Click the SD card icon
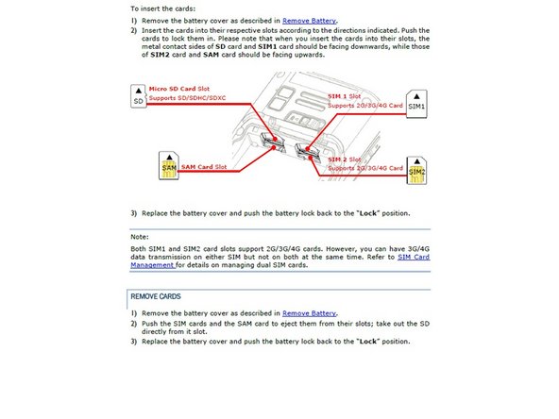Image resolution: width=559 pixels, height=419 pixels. (138, 96)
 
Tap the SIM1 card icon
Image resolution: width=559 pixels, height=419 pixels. (416, 104)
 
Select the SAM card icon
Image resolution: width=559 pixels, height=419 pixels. (169, 166)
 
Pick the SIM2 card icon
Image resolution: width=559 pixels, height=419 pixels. (416, 171)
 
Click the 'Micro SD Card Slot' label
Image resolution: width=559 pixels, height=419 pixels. (179, 89)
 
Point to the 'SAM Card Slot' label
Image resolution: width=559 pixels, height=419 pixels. (204, 167)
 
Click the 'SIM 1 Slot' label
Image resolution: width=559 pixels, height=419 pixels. (345, 96)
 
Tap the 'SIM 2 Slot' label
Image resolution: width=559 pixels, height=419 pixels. (345, 159)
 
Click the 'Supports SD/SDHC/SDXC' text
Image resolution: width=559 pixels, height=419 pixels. (187, 98)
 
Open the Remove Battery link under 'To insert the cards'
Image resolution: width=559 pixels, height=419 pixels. (309, 21)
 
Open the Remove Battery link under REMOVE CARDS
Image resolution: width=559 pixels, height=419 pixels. (309, 313)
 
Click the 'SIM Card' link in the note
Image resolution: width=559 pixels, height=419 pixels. (414, 257)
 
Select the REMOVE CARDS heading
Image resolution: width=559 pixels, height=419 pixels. (156, 296)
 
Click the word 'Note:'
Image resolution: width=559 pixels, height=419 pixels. (140, 237)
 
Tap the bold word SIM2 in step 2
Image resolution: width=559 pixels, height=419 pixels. (161, 55)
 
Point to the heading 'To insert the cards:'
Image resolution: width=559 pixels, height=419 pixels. (163, 8)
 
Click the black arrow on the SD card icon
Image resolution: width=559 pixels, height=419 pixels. (139, 91)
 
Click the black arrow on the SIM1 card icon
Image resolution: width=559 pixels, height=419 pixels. (416, 96)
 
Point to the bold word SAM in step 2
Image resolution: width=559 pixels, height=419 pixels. (212, 55)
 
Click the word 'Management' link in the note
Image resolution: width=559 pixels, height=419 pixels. (152, 265)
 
